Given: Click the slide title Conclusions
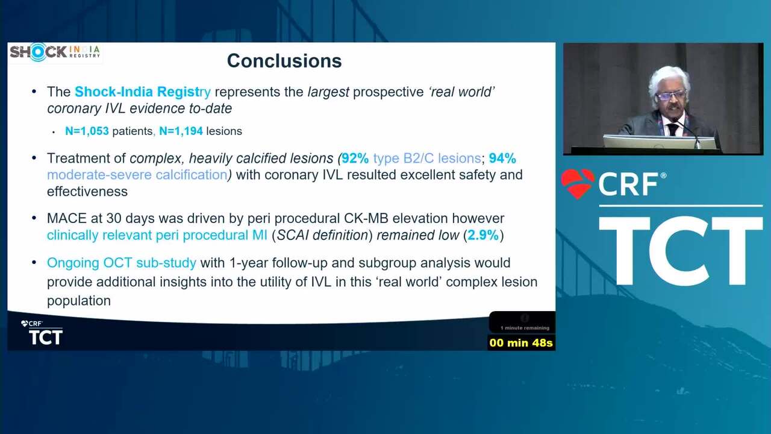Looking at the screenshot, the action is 284,61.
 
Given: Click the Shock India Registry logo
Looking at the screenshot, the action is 55,52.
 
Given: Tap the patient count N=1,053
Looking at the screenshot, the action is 87,131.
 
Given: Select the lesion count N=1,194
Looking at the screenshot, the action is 181,131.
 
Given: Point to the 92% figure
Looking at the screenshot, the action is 355,159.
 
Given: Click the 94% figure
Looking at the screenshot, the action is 502,159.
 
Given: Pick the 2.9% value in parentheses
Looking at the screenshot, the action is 483,235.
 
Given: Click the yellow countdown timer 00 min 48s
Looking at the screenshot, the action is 521,343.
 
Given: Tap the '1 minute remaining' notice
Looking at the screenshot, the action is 525,328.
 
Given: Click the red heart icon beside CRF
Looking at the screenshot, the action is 578,183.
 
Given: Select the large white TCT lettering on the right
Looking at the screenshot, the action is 681,251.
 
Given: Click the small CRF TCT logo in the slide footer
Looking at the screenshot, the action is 42,332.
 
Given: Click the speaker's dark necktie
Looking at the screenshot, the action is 672,130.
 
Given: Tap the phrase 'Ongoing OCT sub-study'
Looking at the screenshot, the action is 122,263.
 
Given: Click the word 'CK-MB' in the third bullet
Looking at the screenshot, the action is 366,218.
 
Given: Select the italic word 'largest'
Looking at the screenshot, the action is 328,92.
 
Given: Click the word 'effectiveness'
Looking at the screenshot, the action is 87,192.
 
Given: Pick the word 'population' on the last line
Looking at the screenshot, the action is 79,301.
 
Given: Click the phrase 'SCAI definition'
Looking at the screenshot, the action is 322,235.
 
